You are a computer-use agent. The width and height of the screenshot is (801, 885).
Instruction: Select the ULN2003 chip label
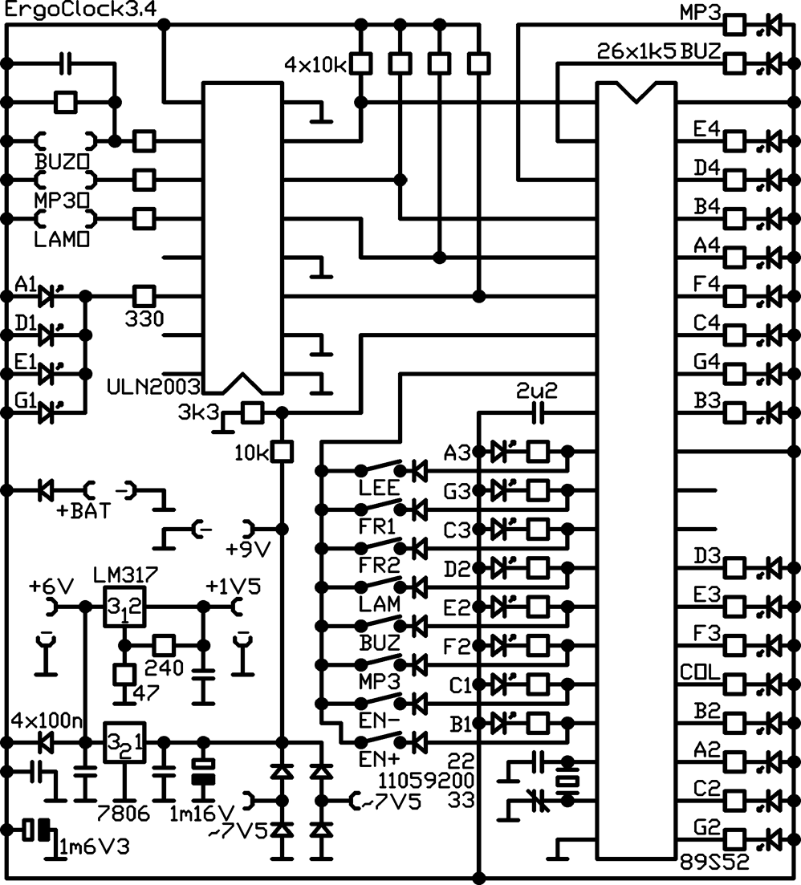coord(153,387)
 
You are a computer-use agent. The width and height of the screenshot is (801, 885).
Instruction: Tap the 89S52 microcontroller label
coord(714,861)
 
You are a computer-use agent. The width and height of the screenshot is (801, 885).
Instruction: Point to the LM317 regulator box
coord(124,606)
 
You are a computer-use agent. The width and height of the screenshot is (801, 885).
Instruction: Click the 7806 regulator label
coord(124,814)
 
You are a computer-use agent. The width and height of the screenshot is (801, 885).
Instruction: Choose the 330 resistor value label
coord(144,319)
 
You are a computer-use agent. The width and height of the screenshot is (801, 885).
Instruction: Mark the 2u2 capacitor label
coord(536,391)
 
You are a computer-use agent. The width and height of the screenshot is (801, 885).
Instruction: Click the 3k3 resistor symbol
coord(253,412)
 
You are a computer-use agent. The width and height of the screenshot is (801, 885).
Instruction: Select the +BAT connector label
coord(84,511)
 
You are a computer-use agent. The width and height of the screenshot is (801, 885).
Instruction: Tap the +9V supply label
coord(248,549)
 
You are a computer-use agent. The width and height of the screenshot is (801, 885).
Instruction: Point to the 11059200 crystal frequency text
coord(425,781)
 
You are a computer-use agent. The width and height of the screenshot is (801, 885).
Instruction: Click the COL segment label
coord(701,672)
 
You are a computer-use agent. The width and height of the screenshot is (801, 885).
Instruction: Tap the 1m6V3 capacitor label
coord(94,846)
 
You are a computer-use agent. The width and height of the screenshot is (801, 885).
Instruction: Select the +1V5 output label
coord(233,587)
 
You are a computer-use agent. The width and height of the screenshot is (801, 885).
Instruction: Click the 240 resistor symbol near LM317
coord(164,644)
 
